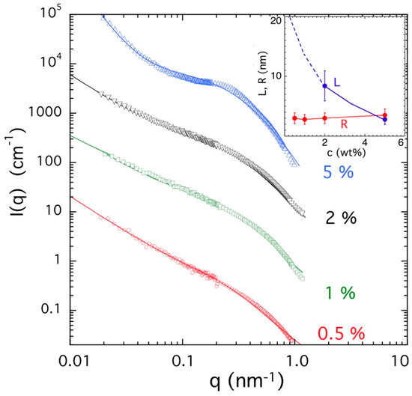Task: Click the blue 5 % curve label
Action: point(338,172)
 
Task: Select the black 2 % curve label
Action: point(341,218)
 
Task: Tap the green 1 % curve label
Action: point(341,293)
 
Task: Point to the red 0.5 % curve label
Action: point(342,334)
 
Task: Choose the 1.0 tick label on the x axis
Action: point(295,361)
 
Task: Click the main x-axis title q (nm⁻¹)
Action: point(246,381)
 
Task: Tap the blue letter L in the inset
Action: point(337,82)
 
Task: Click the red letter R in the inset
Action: point(344,124)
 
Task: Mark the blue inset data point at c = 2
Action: point(325,86)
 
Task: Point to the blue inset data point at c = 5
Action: point(385,120)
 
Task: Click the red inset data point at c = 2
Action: point(325,118)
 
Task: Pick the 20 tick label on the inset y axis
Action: point(276,20)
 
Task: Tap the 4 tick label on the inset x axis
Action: point(365,142)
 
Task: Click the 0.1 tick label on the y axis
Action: point(52,309)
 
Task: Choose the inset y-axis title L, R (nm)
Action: point(263,73)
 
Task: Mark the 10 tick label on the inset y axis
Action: point(276,76)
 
